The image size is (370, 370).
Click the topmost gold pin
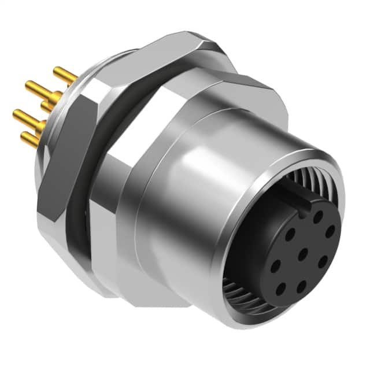tap(65, 75)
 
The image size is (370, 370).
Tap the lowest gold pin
tap(30, 138)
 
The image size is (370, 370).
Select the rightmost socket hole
tap(330, 231)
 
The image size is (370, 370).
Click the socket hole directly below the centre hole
tap(301, 285)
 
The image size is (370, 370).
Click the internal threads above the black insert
tap(315, 173)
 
